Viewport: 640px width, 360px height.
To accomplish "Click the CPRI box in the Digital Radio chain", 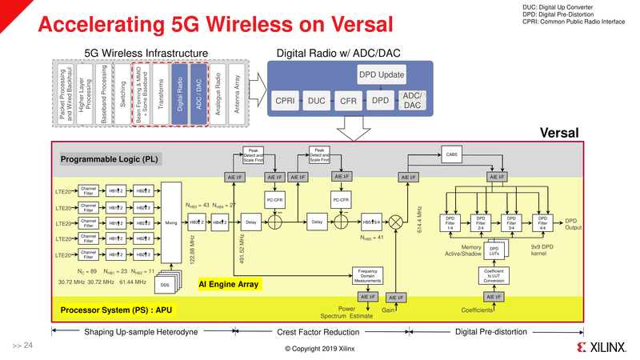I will pos(286,101).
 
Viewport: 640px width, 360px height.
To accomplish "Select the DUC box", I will pos(316,101).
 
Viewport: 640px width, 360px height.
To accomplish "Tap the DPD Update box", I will pos(381,76).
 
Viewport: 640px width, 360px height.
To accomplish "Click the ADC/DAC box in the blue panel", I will pos(412,101).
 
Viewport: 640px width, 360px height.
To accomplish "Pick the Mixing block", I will pos(170,222).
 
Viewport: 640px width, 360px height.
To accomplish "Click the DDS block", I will pos(164,285).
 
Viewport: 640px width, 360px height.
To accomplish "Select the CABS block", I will pos(453,154).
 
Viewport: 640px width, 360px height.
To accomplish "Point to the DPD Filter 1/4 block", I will pos(450,222).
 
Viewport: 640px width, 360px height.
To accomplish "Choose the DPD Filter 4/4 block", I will pos(542,222).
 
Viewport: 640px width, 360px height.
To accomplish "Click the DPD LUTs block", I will pos(494,251).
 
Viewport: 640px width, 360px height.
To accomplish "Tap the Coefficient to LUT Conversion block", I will pos(494,276).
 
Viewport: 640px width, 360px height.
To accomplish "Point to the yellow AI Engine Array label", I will pos(229,283).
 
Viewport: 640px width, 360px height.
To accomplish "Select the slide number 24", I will pos(22,346).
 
